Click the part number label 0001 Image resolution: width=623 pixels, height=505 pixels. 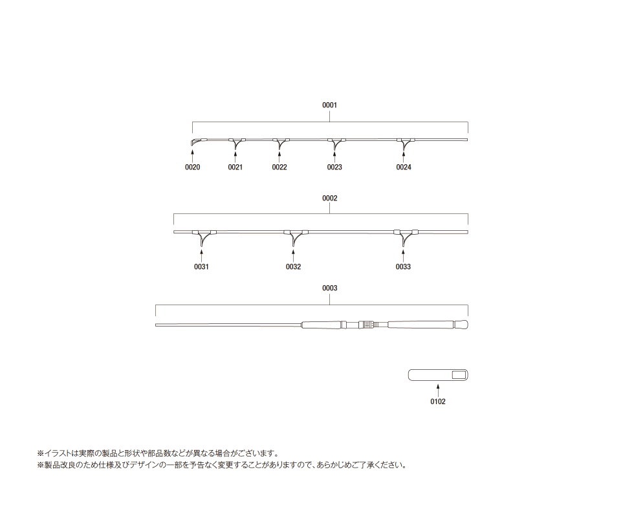tap(329, 105)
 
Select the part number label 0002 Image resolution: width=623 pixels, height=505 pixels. tap(329, 198)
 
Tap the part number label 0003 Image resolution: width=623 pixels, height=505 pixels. tap(329, 288)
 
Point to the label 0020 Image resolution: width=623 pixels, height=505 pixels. tap(192, 167)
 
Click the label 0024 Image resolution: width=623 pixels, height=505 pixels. tap(403, 167)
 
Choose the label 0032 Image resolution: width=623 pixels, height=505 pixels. tap(293, 267)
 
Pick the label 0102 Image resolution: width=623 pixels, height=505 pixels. tap(438, 402)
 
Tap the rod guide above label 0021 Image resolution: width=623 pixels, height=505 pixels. tap(236, 144)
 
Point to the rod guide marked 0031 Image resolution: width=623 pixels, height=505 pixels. tap(202, 237)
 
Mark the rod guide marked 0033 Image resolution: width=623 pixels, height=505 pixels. tap(404, 237)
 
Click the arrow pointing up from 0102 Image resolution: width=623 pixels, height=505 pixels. tap(438, 389)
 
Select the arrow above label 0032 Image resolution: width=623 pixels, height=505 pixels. tap(293, 255)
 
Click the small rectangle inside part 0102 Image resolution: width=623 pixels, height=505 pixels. tap(459, 375)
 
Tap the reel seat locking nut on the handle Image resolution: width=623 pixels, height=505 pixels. tap(366, 325)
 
